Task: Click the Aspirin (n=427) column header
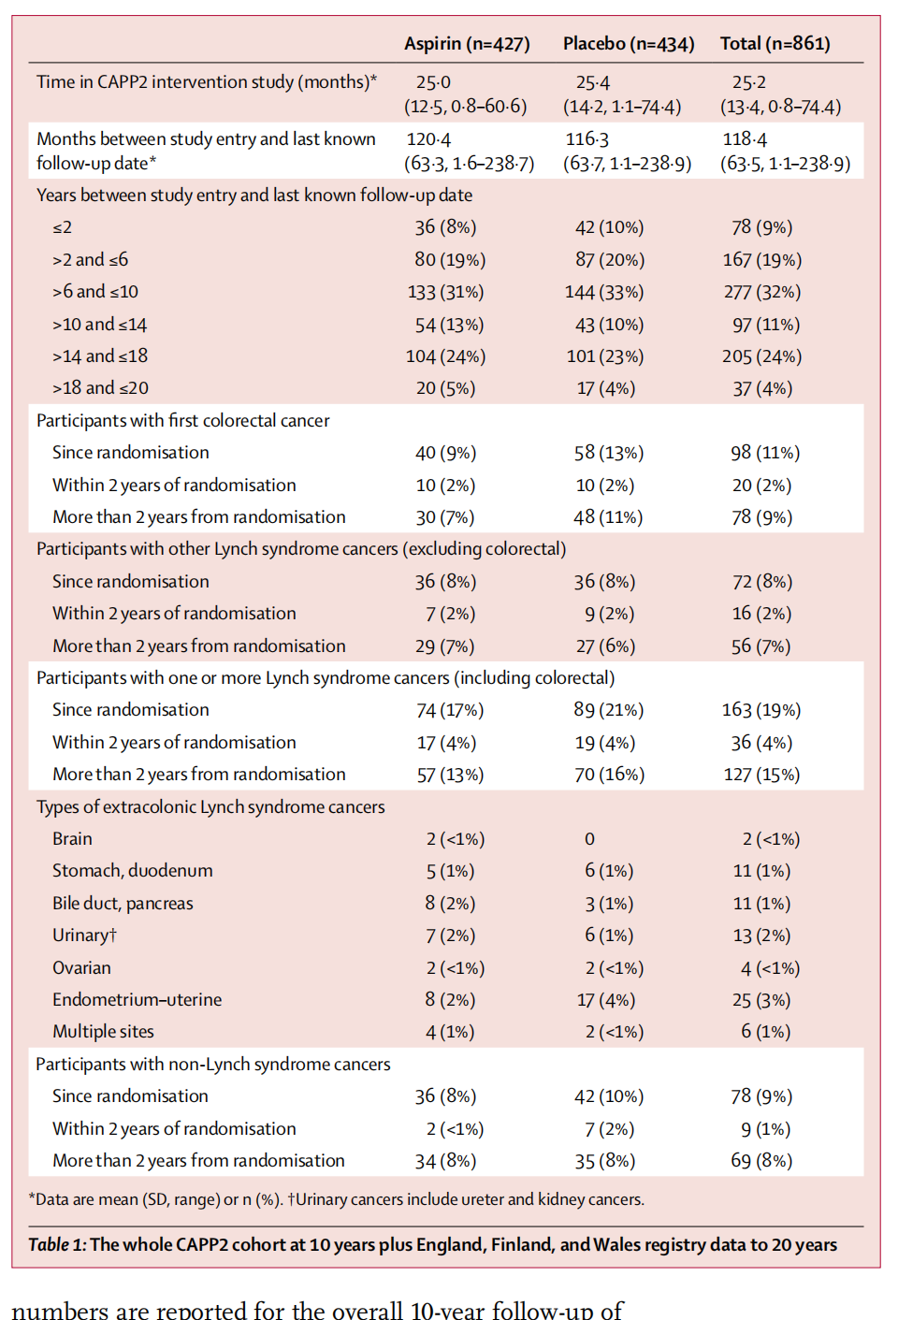pyautogui.click(x=467, y=43)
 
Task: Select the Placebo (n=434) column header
pyautogui.click(x=629, y=43)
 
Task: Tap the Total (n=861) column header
pyautogui.click(x=775, y=43)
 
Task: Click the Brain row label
pyautogui.click(x=72, y=839)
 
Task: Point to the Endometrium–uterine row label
pyautogui.click(x=137, y=1000)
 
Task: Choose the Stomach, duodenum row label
pyautogui.click(x=132, y=871)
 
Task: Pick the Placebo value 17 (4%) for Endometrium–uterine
pyautogui.click(x=606, y=1000)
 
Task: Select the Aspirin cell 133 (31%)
pyautogui.click(x=445, y=292)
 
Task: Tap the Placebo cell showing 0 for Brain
pyautogui.click(x=589, y=839)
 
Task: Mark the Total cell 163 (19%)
pyautogui.click(x=761, y=710)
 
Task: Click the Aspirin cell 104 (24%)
pyautogui.click(x=445, y=356)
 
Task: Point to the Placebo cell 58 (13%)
pyautogui.click(x=609, y=453)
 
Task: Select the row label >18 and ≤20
pyautogui.click(x=100, y=388)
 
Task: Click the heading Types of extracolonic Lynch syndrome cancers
pyautogui.click(x=210, y=807)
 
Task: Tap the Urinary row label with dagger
pyautogui.click(x=84, y=936)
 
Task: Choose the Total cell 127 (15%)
pyautogui.click(x=761, y=775)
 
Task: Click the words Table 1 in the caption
pyautogui.click(x=57, y=1245)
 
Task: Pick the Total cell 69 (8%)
pyautogui.click(x=761, y=1161)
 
